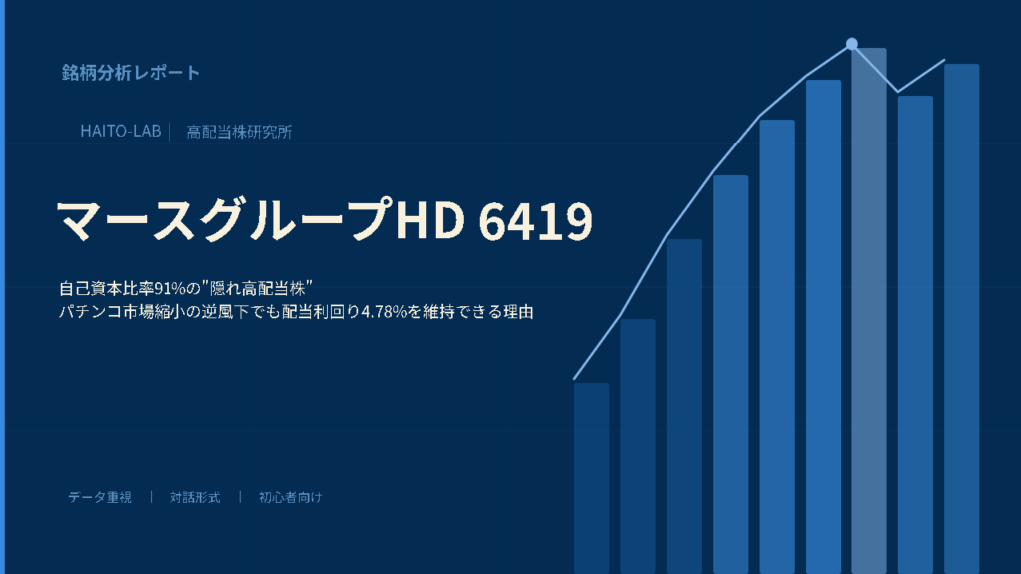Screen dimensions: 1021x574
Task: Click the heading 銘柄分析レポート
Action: point(131,72)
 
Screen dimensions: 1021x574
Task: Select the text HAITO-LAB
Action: point(121,131)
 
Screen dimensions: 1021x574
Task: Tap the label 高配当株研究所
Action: point(239,132)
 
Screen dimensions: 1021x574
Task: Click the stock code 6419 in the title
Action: point(535,220)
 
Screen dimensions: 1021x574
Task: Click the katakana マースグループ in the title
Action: point(224,220)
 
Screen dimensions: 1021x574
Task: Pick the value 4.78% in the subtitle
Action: point(384,312)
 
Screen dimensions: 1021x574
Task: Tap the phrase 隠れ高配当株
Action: point(257,288)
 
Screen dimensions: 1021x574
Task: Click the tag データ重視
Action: point(100,498)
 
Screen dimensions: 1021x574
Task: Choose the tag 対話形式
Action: point(195,498)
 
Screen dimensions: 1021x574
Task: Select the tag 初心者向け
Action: point(290,498)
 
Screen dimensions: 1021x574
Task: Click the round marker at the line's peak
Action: point(851,44)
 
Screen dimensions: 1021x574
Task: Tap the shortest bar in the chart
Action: point(592,478)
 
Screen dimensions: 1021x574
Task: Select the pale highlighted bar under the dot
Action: point(869,311)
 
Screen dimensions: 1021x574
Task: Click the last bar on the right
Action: point(962,319)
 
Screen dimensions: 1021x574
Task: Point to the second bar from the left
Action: point(638,446)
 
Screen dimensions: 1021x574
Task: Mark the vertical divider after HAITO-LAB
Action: point(170,132)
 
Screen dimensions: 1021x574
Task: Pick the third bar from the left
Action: point(684,407)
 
